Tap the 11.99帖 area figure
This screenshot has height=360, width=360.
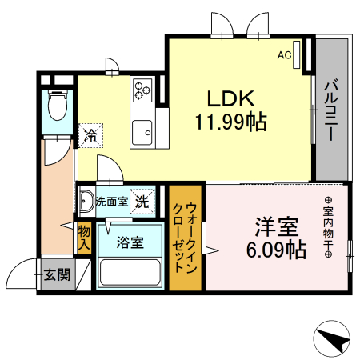[x=230, y=122]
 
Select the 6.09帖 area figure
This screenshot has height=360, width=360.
[x=276, y=249]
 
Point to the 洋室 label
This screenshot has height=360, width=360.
[x=275, y=225]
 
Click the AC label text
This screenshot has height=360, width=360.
[x=283, y=56]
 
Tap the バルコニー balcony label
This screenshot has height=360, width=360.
[x=330, y=110]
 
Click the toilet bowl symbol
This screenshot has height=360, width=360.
[x=58, y=104]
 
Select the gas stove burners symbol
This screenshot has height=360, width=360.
[x=143, y=88]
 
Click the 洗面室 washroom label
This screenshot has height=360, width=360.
[x=111, y=202]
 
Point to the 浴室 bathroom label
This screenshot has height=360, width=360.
[x=129, y=242]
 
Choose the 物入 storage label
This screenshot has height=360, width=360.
[x=84, y=238]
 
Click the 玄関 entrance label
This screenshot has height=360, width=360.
[x=56, y=274]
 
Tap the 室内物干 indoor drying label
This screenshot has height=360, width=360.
[x=328, y=227]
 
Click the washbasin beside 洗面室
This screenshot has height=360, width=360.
[x=85, y=200]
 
